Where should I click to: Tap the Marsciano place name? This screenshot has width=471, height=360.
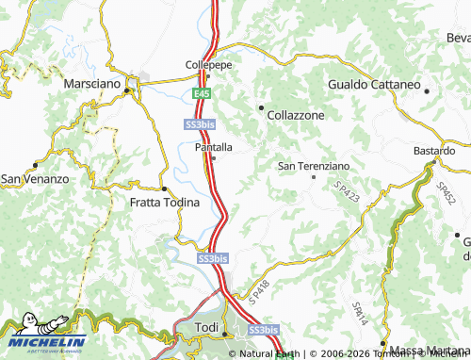pos(92,84)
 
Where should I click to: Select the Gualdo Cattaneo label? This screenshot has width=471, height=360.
pos(374,84)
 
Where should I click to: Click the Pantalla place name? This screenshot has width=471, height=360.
pos(213,146)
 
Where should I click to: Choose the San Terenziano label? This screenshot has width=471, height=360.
pos(313,166)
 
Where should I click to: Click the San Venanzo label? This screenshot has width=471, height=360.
pos(35,178)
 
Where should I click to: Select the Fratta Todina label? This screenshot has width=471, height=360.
pos(164,203)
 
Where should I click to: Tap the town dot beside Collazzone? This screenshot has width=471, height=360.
pos(260,107)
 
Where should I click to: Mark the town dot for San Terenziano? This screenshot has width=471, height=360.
pos(314,176)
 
